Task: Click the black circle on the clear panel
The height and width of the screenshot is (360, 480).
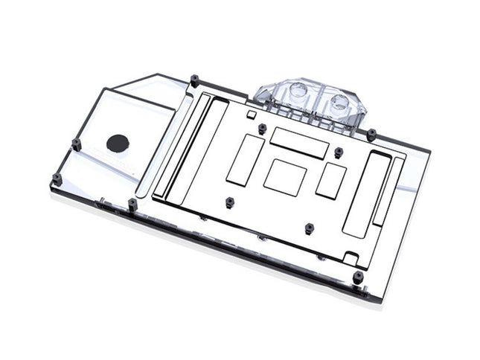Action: [x=118, y=143]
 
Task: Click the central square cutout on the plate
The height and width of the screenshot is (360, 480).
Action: [x=284, y=177]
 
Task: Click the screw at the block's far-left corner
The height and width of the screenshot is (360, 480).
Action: [x=56, y=178]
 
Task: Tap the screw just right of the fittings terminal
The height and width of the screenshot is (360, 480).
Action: [x=371, y=133]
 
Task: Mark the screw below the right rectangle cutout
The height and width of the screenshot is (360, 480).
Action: [x=309, y=226]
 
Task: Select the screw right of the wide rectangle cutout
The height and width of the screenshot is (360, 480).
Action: [x=339, y=152]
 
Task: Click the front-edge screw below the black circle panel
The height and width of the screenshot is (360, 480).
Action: [x=132, y=202]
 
